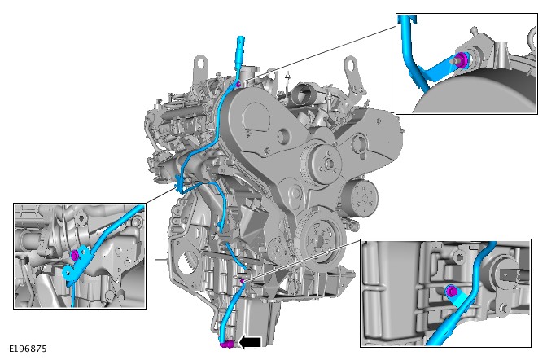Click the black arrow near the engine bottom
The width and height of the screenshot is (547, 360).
tap(250, 343)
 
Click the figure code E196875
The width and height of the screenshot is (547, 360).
tap(28, 349)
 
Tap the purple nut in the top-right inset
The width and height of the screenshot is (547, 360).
tap(462, 59)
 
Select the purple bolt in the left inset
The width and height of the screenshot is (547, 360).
tap(74, 255)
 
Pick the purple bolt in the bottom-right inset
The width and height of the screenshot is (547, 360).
tap(451, 291)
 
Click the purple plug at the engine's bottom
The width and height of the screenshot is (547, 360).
tap(227, 345)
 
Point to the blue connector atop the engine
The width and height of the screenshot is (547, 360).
tap(241, 49)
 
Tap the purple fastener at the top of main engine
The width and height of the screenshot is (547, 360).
tap(238, 84)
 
